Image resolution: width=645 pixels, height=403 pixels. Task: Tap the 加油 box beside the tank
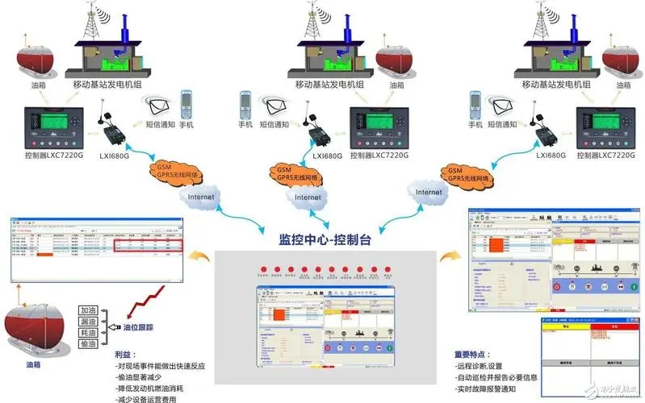tap(89, 310)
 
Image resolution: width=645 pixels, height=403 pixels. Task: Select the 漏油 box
tap(89, 321)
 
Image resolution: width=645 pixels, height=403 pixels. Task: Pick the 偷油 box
tap(89, 343)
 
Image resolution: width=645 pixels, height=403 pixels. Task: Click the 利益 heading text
tap(124, 354)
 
